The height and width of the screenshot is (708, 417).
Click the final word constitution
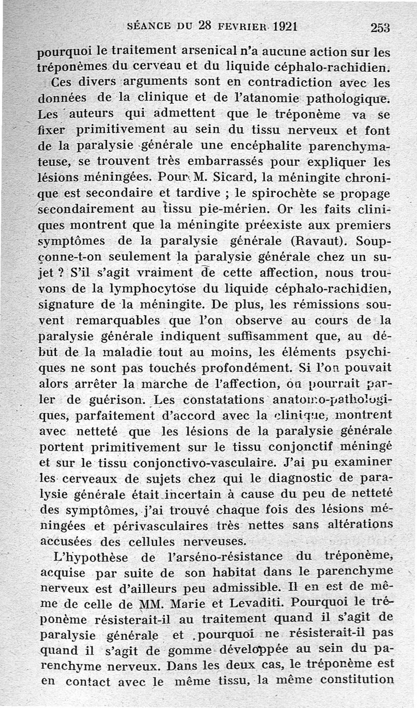pos(357,680)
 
